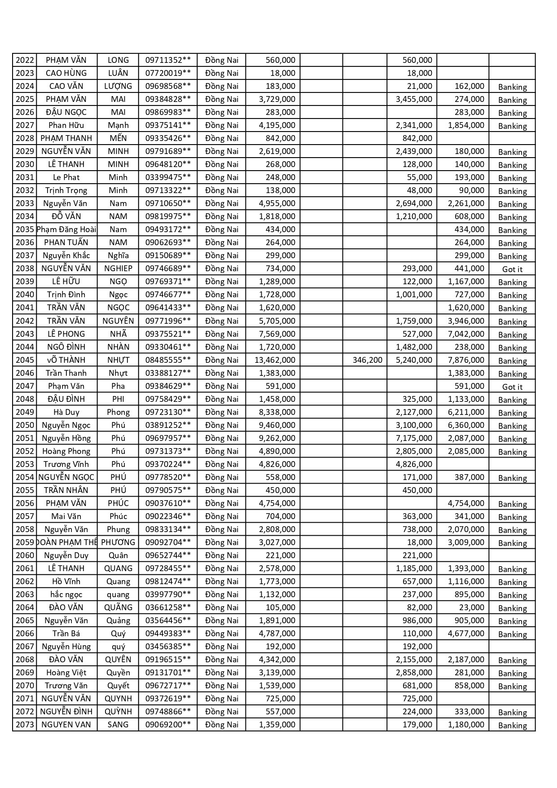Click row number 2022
[25, 60]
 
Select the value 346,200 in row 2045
[367, 360]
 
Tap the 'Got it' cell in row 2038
[512, 269]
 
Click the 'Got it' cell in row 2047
[512, 387]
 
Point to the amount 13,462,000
[275, 360]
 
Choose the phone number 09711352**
[168, 60]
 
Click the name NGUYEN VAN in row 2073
[66, 725]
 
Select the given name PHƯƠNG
[118, 542]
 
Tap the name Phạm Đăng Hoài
[66, 229]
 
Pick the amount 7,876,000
[466, 360]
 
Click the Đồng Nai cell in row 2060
[222, 555]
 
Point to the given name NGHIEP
[118, 269]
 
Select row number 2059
[25, 542]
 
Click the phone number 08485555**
[168, 360]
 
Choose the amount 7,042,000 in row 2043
[466, 334]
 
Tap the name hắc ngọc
[66, 594]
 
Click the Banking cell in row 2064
[512, 608]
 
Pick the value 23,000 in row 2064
[471, 608]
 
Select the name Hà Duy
[66, 412]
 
